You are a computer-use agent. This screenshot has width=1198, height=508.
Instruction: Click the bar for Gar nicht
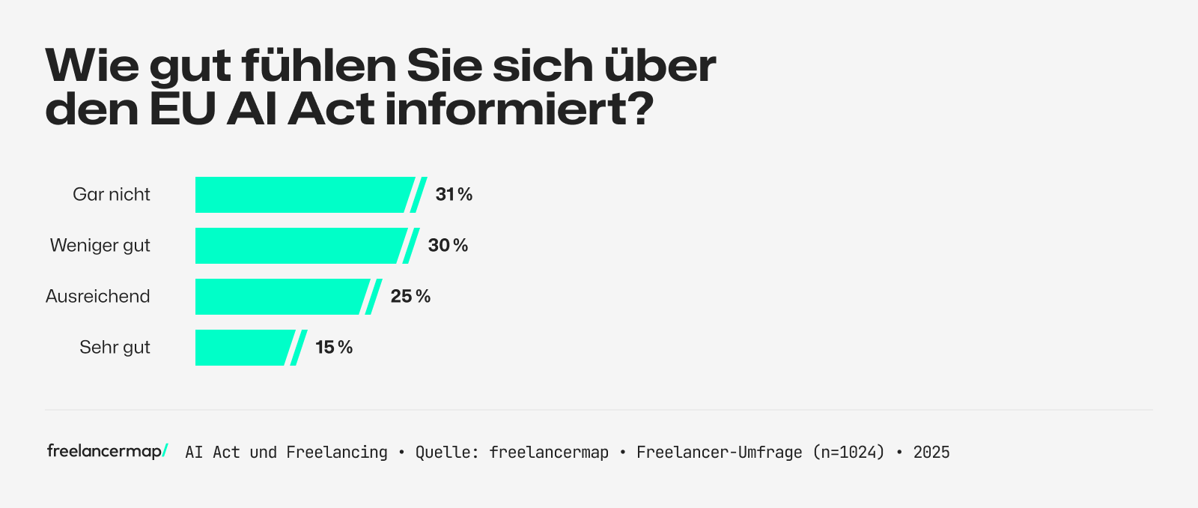click(x=299, y=195)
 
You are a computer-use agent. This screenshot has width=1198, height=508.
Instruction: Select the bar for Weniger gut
click(x=296, y=246)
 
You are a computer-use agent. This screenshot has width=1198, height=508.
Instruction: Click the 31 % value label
click(x=454, y=195)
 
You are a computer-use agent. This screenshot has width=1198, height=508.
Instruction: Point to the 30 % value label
click(x=448, y=246)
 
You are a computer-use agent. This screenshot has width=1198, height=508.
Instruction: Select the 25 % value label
click(x=410, y=297)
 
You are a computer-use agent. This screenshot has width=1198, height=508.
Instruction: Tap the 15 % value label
click(x=334, y=348)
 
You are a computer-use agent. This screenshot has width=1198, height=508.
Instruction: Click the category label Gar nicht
click(x=112, y=195)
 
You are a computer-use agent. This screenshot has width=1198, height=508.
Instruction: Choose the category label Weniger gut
click(x=100, y=246)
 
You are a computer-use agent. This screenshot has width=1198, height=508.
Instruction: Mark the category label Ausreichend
click(x=98, y=297)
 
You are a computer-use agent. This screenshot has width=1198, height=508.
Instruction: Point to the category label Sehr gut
click(x=115, y=348)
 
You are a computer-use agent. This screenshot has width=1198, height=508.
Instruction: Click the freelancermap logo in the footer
click(x=107, y=451)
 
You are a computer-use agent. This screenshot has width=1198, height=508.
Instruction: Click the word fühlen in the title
click(x=318, y=66)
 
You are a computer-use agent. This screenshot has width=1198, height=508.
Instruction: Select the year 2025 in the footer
click(x=931, y=453)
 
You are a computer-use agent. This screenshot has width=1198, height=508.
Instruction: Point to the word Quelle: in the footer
click(x=447, y=453)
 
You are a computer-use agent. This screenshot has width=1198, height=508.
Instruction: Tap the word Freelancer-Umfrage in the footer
click(x=719, y=453)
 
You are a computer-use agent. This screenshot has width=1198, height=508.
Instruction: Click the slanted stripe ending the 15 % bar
click(x=299, y=348)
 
